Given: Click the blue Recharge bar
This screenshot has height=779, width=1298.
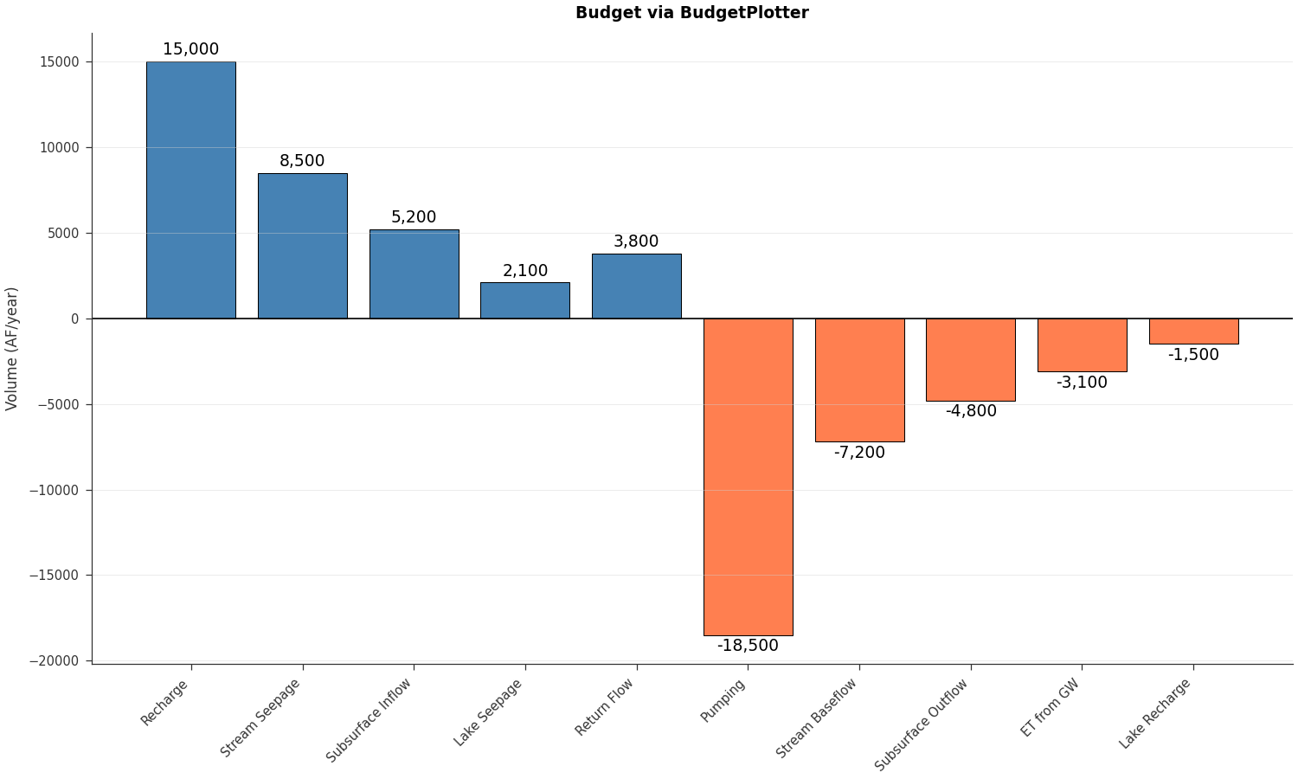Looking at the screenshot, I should click(x=190, y=190).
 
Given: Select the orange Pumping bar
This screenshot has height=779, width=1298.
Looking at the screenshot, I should click(x=748, y=476).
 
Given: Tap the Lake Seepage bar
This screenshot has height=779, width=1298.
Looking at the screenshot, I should click(x=525, y=300).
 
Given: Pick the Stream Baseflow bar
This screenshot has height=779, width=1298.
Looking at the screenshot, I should click(x=859, y=380).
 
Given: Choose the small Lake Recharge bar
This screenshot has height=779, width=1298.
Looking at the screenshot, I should click(x=1193, y=332).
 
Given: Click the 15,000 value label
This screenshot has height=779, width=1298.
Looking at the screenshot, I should click(x=190, y=49).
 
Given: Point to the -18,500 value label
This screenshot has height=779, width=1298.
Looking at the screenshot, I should click(x=748, y=646).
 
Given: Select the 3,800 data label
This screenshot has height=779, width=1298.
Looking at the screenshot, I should click(x=636, y=241).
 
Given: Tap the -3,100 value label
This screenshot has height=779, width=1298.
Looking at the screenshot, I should click(x=1082, y=383).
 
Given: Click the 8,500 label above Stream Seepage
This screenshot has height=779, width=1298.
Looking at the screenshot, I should click(x=302, y=161).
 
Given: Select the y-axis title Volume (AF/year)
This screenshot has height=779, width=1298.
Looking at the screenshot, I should click(x=12, y=348).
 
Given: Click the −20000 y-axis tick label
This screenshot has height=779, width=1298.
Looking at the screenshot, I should click(x=54, y=660).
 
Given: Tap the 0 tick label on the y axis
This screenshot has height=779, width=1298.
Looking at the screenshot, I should click(x=75, y=319).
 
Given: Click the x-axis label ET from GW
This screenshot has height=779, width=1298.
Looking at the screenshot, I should click(x=1051, y=707).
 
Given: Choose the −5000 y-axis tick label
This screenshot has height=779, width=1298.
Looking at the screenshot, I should click(x=57, y=404).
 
